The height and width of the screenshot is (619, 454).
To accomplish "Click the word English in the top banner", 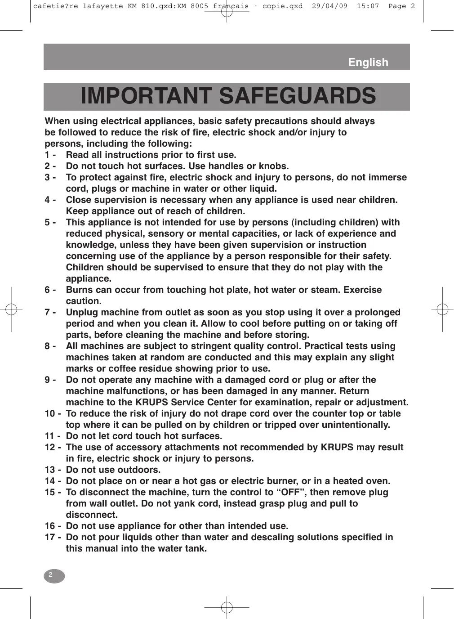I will coord(368,63).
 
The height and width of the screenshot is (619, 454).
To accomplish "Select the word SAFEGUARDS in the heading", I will coord(297,96).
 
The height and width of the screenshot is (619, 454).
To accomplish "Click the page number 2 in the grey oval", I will coord(51,575).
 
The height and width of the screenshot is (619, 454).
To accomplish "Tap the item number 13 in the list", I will coord(50,470).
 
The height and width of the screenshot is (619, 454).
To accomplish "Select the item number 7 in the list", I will coord(47,312).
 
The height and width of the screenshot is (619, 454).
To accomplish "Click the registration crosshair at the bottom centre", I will coord(227,607).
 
